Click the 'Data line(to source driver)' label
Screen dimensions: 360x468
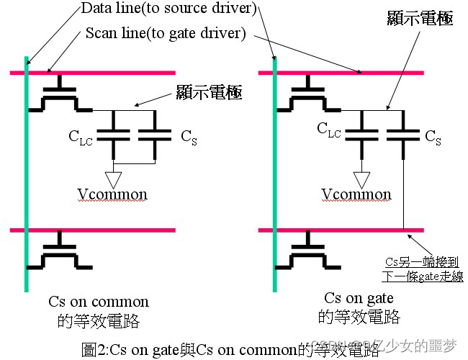click(x=168, y=9)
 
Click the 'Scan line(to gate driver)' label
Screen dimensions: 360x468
click(x=166, y=33)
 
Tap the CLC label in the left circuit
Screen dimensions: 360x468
click(x=83, y=135)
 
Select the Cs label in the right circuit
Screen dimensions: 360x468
click(x=433, y=137)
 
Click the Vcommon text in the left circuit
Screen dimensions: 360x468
click(x=114, y=194)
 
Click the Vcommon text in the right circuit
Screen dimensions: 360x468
click(x=358, y=194)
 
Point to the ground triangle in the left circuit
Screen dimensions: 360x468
click(x=114, y=176)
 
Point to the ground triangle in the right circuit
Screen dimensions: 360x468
click(x=358, y=176)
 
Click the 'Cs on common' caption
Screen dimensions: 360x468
click(x=99, y=301)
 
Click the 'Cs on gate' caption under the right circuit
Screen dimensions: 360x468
click(x=359, y=298)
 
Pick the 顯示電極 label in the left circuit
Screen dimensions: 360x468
click(x=209, y=92)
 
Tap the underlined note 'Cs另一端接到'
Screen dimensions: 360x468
click(x=416, y=262)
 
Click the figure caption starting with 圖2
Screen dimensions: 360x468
click(x=230, y=351)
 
